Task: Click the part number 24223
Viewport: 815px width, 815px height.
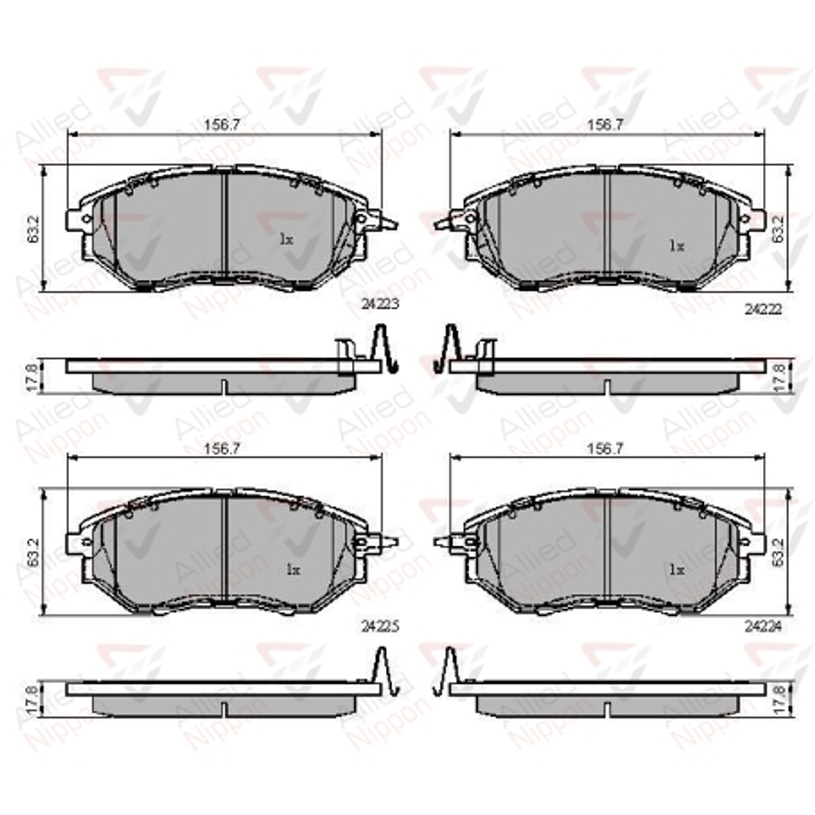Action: coord(380,305)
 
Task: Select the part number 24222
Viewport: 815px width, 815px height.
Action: coord(762,307)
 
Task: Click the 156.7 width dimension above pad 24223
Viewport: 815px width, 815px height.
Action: coord(223,125)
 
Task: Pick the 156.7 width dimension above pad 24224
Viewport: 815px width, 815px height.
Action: coord(605,450)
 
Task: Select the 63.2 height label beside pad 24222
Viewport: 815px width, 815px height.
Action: coord(778,228)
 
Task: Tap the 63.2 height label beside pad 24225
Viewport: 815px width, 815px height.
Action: coord(32,553)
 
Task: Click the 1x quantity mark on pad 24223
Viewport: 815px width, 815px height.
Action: coord(286,239)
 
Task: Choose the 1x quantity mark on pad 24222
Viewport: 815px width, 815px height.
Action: coord(676,244)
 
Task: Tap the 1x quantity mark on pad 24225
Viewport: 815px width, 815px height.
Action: coord(293,569)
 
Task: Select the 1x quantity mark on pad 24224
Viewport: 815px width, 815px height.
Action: coord(676,569)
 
